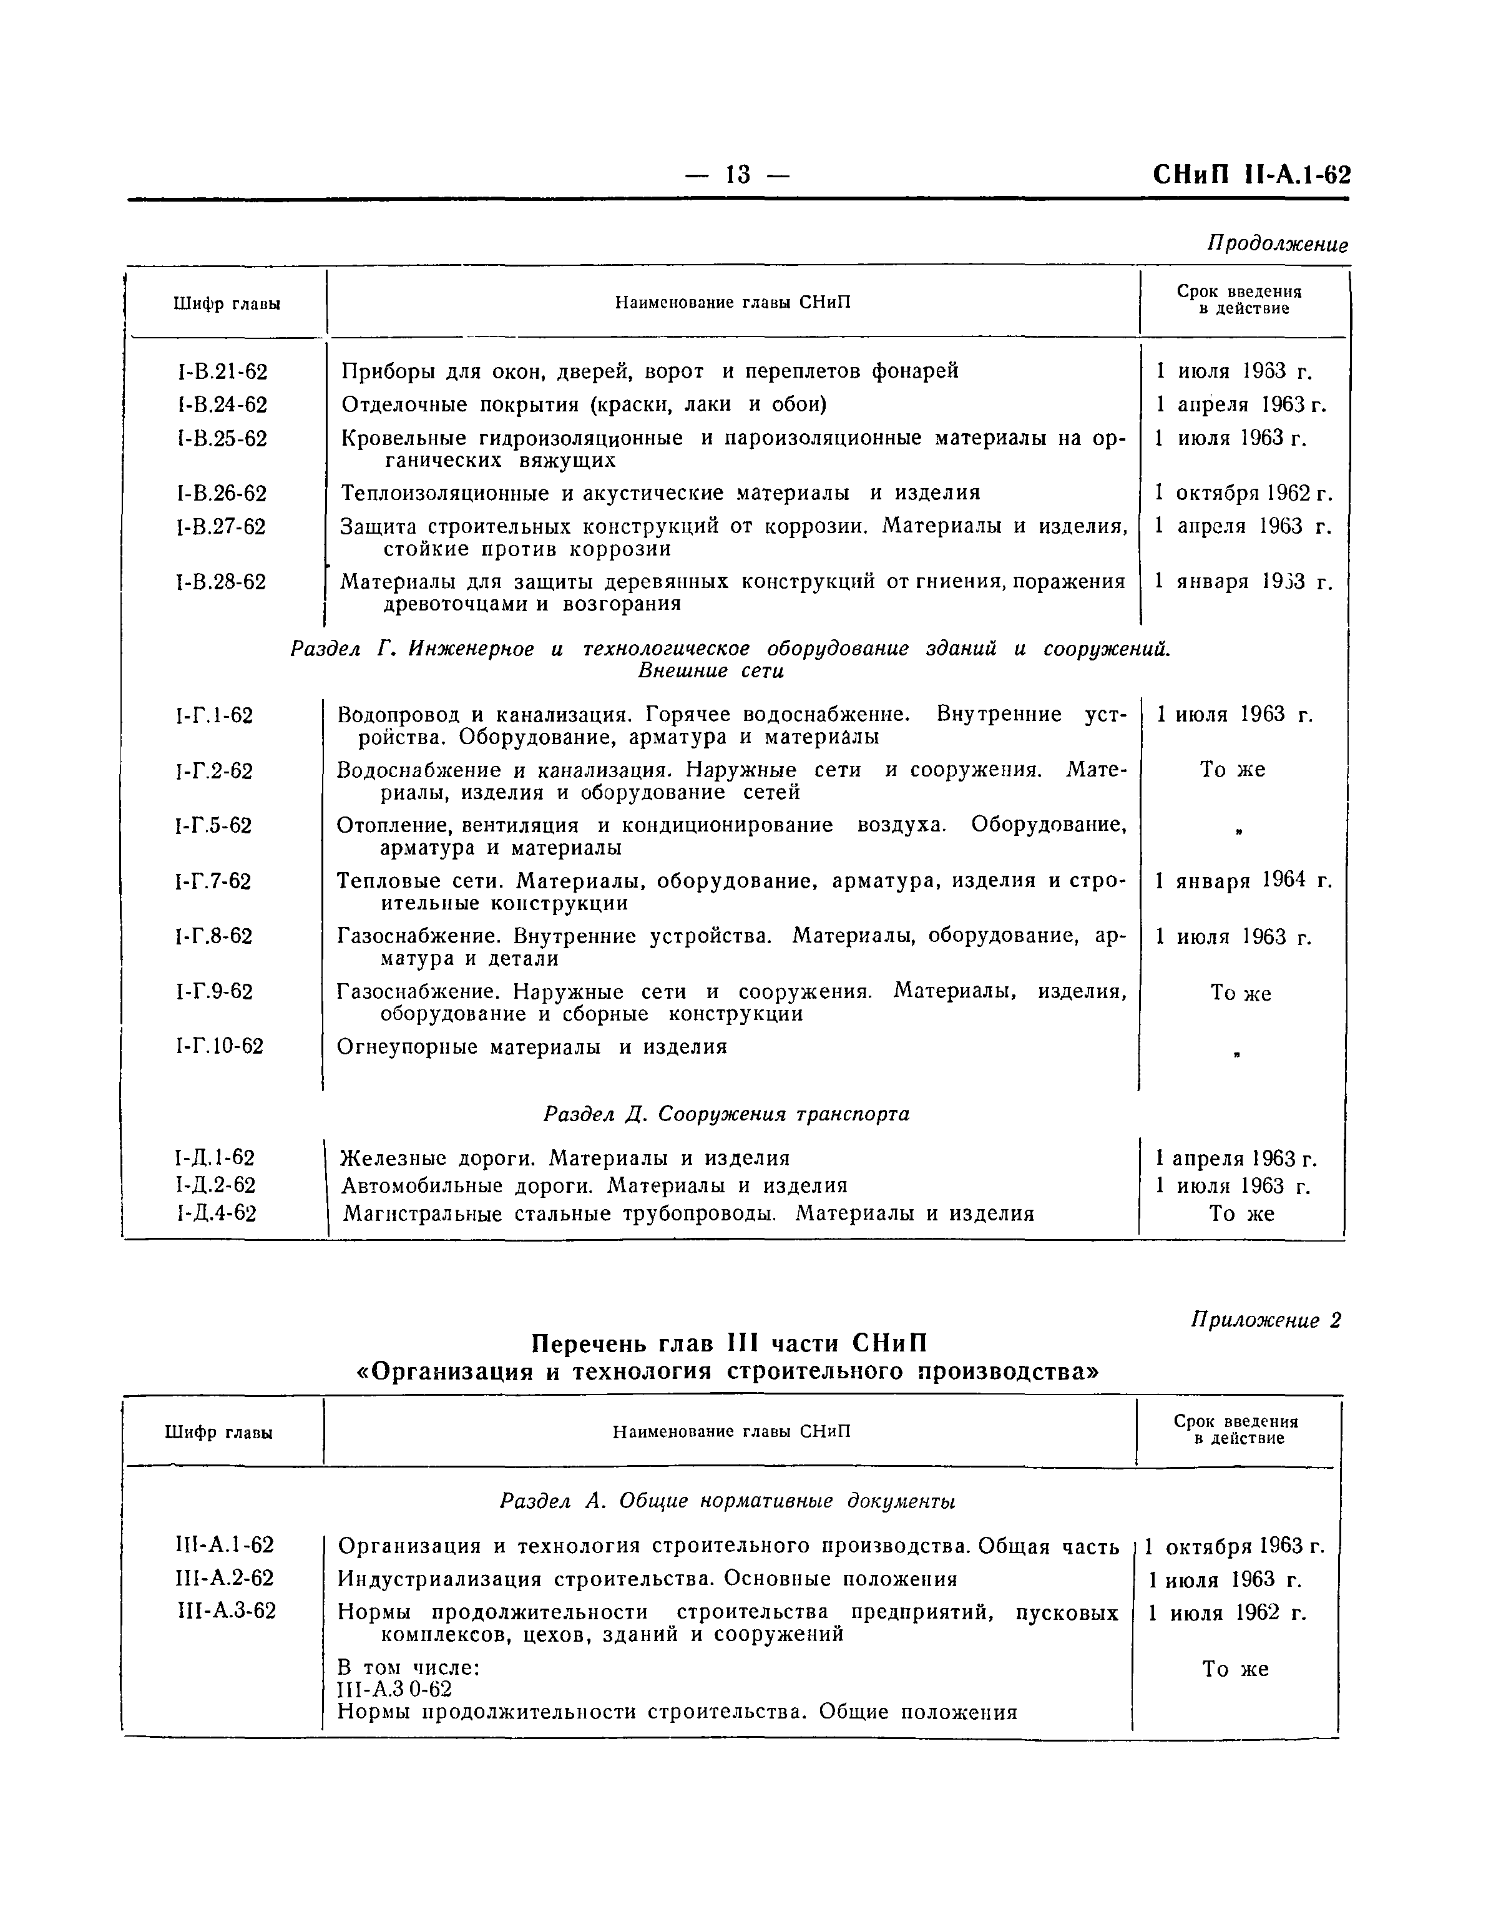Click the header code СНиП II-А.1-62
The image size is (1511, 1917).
coord(1251,174)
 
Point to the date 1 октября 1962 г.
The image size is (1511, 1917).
coord(1243,493)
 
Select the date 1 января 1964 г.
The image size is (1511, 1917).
coord(1243,880)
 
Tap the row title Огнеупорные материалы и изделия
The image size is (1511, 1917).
coord(532,1047)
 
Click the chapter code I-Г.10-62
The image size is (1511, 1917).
coord(220,1047)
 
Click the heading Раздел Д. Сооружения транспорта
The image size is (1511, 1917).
coord(726,1114)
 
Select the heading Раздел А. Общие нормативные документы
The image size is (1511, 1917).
coord(727,1501)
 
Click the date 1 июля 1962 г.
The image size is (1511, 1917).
coord(1226,1612)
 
